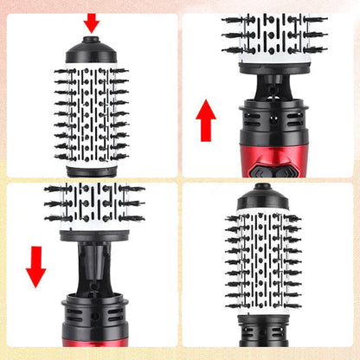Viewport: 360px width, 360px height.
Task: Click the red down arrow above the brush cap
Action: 91,22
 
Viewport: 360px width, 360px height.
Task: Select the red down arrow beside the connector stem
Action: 35,265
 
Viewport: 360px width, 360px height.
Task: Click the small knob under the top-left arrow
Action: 91,38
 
